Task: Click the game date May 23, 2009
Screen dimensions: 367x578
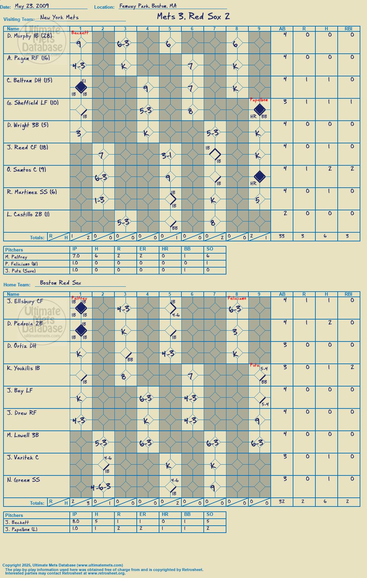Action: click(x=32, y=6)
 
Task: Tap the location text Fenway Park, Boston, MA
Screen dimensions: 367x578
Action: click(x=148, y=6)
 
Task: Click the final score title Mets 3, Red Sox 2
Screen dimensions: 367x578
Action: click(x=193, y=16)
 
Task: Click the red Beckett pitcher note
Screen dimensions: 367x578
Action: click(x=80, y=33)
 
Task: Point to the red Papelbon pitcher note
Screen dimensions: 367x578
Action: click(x=259, y=100)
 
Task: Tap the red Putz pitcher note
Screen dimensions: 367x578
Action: click(x=254, y=365)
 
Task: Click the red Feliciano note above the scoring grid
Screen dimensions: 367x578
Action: click(x=237, y=298)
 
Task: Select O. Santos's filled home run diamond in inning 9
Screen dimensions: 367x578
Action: click(x=260, y=177)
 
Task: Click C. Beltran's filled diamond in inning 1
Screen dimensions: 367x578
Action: click(x=81, y=87)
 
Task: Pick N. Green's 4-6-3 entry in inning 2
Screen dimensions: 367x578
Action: click(x=101, y=487)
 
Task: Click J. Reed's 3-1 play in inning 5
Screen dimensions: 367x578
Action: click(x=167, y=155)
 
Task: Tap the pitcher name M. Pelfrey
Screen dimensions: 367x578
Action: click(x=16, y=257)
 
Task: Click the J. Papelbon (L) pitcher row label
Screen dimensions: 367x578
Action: click(x=21, y=530)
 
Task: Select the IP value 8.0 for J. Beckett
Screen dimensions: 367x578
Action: click(x=76, y=521)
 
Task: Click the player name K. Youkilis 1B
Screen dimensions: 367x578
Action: click(x=23, y=368)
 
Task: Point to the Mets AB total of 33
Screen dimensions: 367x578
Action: click(x=282, y=236)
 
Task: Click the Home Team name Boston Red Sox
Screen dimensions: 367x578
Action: click(x=60, y=283)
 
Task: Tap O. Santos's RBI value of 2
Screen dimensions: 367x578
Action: click(x=352, y=169)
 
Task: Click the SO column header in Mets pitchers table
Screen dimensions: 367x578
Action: click(x=210, y=249)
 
